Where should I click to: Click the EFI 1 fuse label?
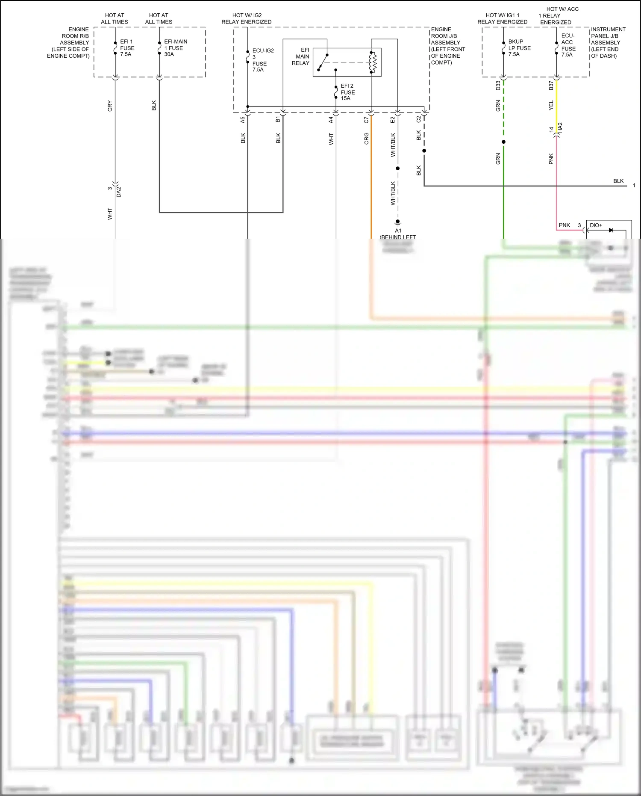[x=127, y=48]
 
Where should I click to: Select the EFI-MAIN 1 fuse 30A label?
[x=176, y=48]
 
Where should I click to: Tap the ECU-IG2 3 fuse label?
[x=262, y=60]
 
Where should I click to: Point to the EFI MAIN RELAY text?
[x=301, y=56]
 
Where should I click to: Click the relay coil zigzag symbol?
[x=373, y=62]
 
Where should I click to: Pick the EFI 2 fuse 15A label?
[x=347, y=92]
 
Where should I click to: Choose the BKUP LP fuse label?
[x=519, y=48]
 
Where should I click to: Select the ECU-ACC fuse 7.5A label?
[x=568, y=45]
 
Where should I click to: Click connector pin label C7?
[x=366, y=120]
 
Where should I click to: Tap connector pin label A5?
[x=243, y=120]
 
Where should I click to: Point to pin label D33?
[x=498, y=86]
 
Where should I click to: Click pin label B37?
[x=551, y=86]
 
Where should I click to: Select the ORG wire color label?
[x=366, y=139]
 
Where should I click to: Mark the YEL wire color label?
[x=551, y=105]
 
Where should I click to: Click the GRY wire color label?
[x=110, y=106]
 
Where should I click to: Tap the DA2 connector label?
[x=119, y=192]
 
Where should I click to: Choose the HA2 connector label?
[x=560, y=127]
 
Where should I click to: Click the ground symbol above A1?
[x=397, y=223]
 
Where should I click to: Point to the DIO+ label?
[x=596, y=225]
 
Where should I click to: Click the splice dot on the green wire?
[x=503, y=142]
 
